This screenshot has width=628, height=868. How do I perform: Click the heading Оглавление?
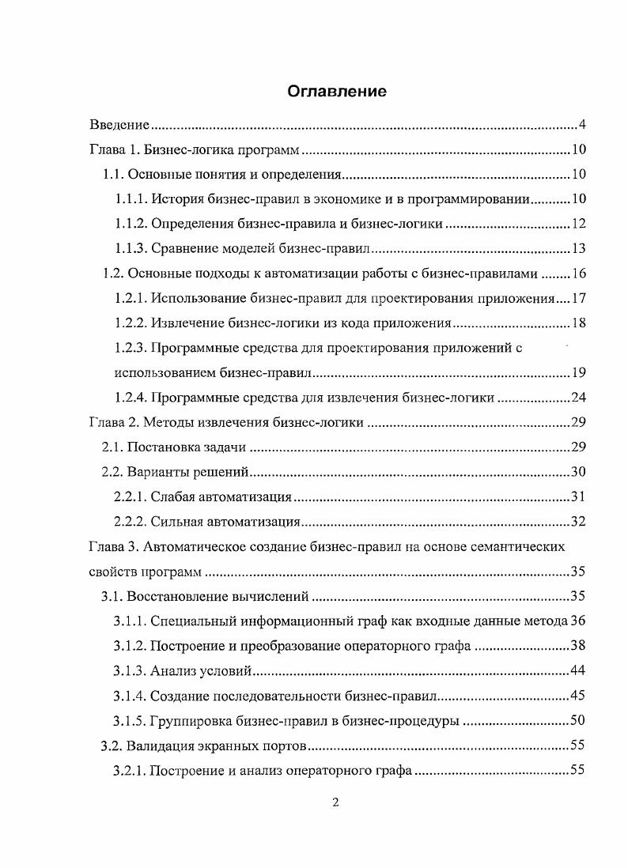tap(336, 91)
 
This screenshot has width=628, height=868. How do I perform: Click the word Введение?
tap(119, 125)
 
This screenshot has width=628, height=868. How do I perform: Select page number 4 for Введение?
tap(581, 125)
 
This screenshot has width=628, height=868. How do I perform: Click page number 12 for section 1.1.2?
tap(577, 224)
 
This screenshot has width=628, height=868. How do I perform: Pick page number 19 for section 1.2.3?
tap(577, 372)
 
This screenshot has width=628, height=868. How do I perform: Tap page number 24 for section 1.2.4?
tap(577, 398)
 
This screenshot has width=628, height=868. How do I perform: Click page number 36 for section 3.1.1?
tap(577, 621)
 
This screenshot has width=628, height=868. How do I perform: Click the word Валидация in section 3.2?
tap(165, 745)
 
